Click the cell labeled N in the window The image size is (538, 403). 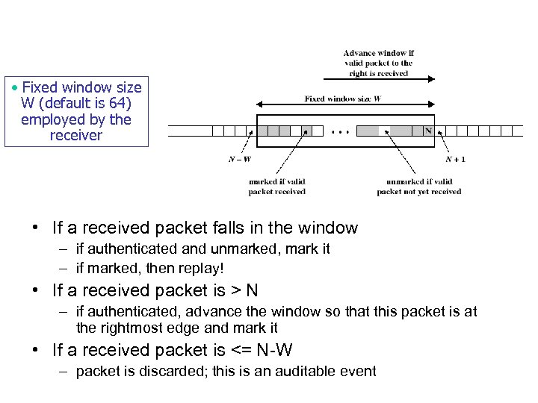[428, 131]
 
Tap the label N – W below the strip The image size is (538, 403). [239, 159]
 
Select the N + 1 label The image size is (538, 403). [454, 159]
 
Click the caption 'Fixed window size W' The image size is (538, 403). [342, 99]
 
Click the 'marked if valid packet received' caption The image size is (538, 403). [276, 187]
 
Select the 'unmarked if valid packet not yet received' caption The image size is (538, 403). [418, 187]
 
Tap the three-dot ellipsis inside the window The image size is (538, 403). [339, 131]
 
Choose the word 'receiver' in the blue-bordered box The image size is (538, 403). [75, 135]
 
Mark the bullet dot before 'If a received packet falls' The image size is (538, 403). [35, 228]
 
